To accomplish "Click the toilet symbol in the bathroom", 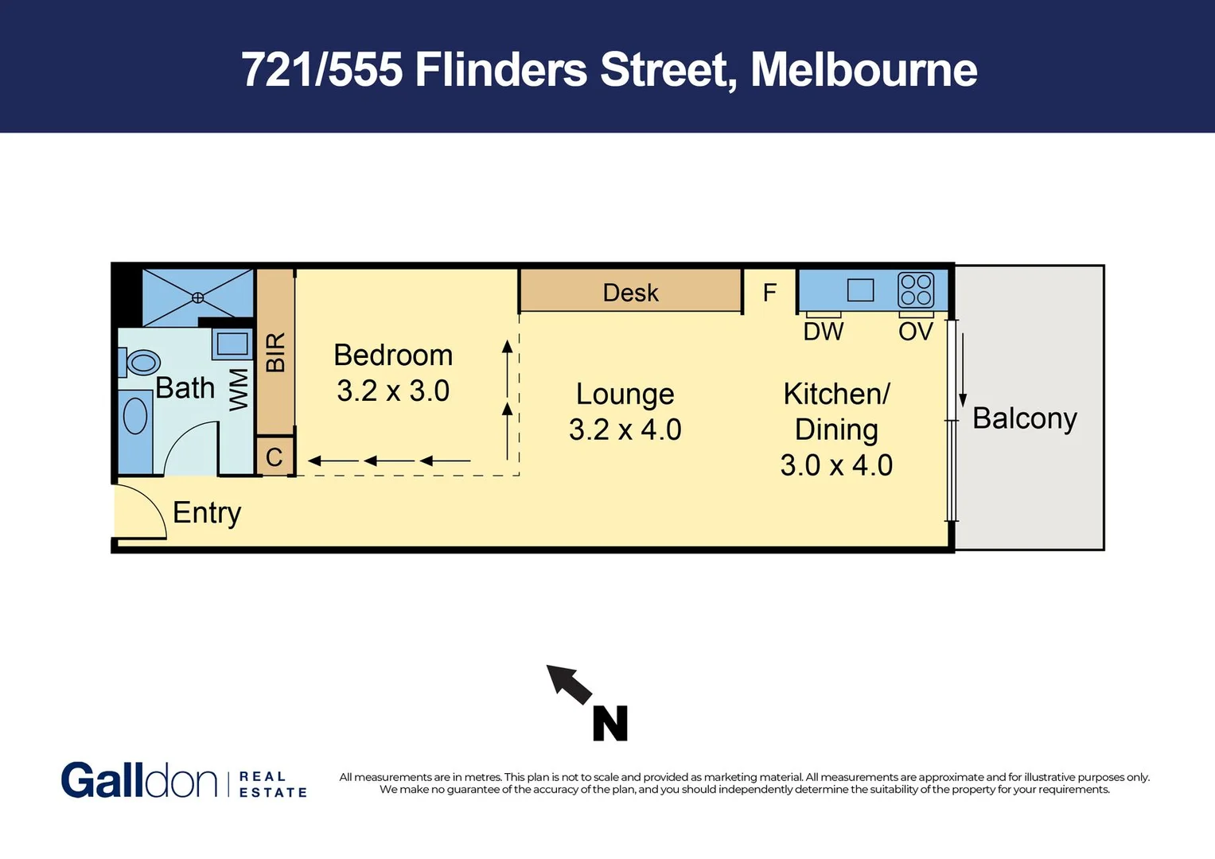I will coord(142,363).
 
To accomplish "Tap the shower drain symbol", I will coord(197,297).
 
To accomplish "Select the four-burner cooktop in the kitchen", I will coord(915,290).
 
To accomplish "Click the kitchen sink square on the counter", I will coord(860,290).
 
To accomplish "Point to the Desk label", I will coord(630,293).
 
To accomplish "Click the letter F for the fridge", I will coord(769,293).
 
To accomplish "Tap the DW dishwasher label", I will coord(823,332).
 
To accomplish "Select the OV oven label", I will coord(915,332).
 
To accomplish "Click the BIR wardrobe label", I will coord(275,352).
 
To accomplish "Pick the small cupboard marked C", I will coord(275,457).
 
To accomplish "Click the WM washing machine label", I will coord(239,390).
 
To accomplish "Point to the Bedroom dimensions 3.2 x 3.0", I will coord(393,391).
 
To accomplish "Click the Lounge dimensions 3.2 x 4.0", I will coord(625,429).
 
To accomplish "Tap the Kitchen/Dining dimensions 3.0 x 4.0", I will coord(836,465).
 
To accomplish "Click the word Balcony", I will coord(1024,418).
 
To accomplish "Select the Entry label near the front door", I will coord(207,513).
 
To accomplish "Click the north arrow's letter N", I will coord(610,724).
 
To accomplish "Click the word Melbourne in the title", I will coord(863,70).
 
